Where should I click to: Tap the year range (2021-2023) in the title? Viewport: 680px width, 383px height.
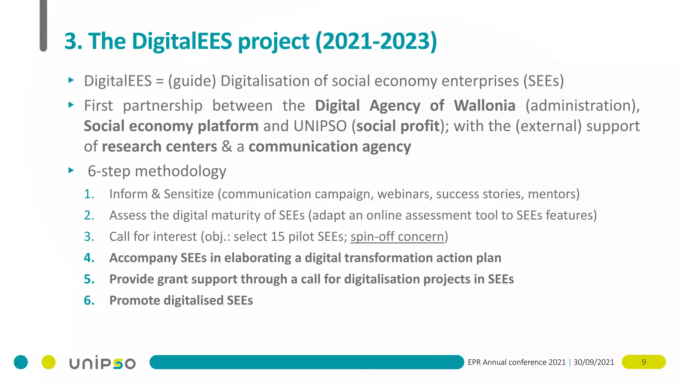[x=376, y=41]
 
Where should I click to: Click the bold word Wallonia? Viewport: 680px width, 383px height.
[x=484, y=106]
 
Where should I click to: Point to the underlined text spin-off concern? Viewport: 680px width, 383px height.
[x=397, y=237]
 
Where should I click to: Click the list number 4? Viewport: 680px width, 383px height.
[x=89, y=258]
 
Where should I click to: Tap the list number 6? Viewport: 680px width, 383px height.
[x=89, y=301]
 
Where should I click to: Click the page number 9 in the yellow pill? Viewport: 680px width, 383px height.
[x=643, y=362]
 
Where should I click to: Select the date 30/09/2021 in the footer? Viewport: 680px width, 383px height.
[x=594, y=362]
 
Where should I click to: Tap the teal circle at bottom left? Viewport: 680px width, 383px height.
[x=21, y=362]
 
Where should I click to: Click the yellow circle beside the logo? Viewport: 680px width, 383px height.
[x=48, y=362]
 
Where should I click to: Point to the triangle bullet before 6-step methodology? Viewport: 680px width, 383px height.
[x=71, y=171]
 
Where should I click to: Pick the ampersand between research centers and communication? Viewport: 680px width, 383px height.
[x=227, y=147]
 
